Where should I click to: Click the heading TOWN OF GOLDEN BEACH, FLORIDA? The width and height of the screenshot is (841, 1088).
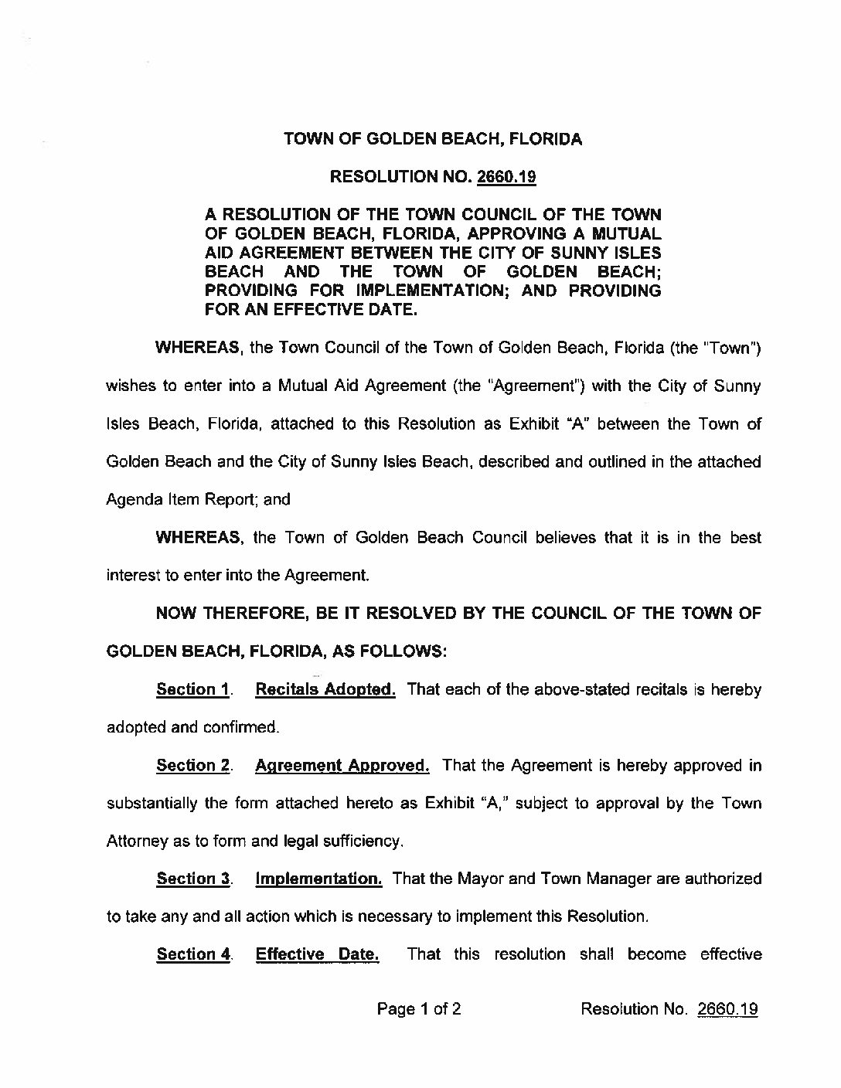click(433, 139)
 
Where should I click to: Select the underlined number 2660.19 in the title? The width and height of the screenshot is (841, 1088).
click(507, 177)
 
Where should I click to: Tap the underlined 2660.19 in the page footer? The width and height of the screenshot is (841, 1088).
click(727, 1009)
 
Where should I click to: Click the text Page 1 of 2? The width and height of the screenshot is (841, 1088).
click(419, 1009)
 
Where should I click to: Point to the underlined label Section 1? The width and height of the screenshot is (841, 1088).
click(192, 689)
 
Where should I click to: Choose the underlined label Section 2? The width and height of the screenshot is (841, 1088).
click(192, 765)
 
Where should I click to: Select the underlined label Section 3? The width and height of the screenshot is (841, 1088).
click(192, 879)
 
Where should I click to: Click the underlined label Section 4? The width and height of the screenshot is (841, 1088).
click(192, 954)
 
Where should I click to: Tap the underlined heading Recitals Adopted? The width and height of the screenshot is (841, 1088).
click(325, 689)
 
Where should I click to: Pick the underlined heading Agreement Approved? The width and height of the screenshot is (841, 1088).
click(342, 765)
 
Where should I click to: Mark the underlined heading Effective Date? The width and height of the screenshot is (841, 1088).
click(317, 954)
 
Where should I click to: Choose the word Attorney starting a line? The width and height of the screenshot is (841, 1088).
click(136, 841)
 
